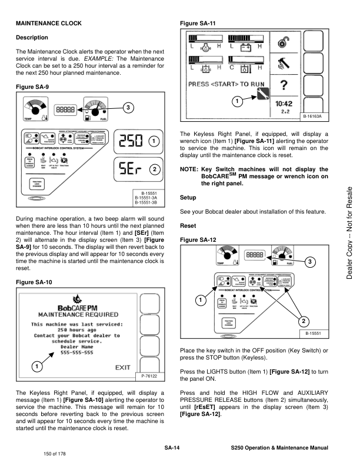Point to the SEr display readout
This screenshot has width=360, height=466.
point(131,171)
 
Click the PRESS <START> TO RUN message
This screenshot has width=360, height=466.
point(227,84)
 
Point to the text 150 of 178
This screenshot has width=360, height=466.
point(56,454)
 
